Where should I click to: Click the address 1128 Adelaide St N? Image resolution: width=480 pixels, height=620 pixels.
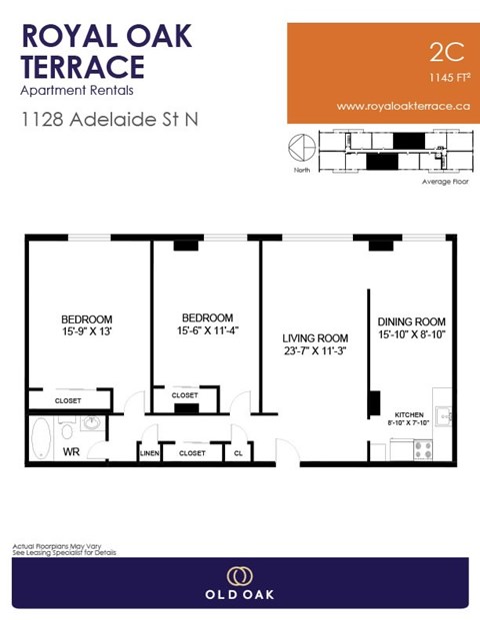point(110,119)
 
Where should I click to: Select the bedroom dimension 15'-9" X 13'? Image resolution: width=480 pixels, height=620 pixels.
point(87,331)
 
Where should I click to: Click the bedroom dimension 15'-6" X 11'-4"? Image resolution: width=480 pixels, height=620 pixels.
point(207,330)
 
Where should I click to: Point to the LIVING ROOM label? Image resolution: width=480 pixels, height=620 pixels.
point(315,337)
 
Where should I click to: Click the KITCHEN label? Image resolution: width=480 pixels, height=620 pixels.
point(409,413)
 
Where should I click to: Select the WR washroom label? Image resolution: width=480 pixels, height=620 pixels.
point(71,452)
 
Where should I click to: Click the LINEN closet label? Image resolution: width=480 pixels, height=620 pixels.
point(149,453)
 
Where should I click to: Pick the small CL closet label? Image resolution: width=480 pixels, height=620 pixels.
point(237,453)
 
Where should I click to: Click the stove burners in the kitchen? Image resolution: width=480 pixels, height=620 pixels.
point(423,449)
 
